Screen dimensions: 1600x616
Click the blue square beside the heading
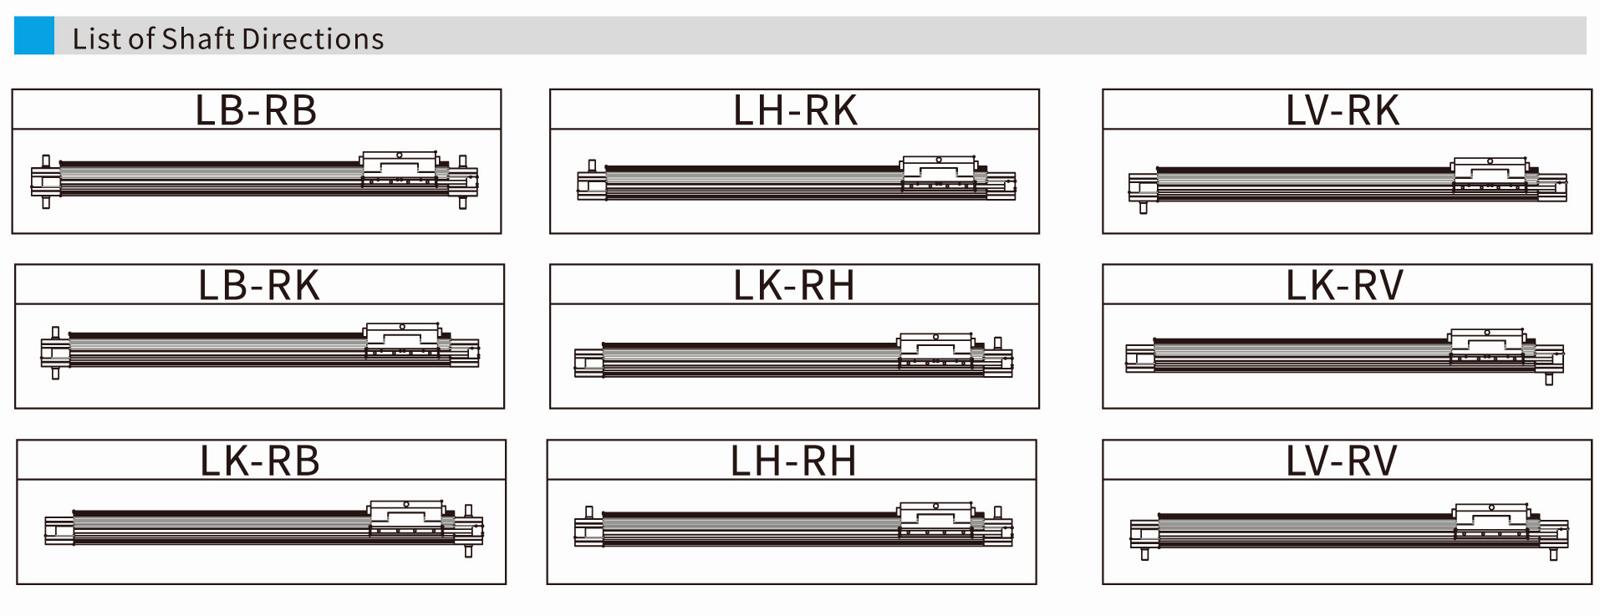[x=34, y=36]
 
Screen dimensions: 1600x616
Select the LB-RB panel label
[x=256, y=110]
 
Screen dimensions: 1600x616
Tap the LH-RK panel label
[x=795, y=110]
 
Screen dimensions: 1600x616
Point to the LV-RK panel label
[x=1343, y=110]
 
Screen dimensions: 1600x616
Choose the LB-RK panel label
[x=259, y=286]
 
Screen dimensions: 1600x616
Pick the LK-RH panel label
[x=794, y=286]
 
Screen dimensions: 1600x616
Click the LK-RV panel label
[x=1344, y=286]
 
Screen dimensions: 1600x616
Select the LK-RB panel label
[x=260, y=461]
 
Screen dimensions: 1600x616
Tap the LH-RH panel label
[x=793, y=461]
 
